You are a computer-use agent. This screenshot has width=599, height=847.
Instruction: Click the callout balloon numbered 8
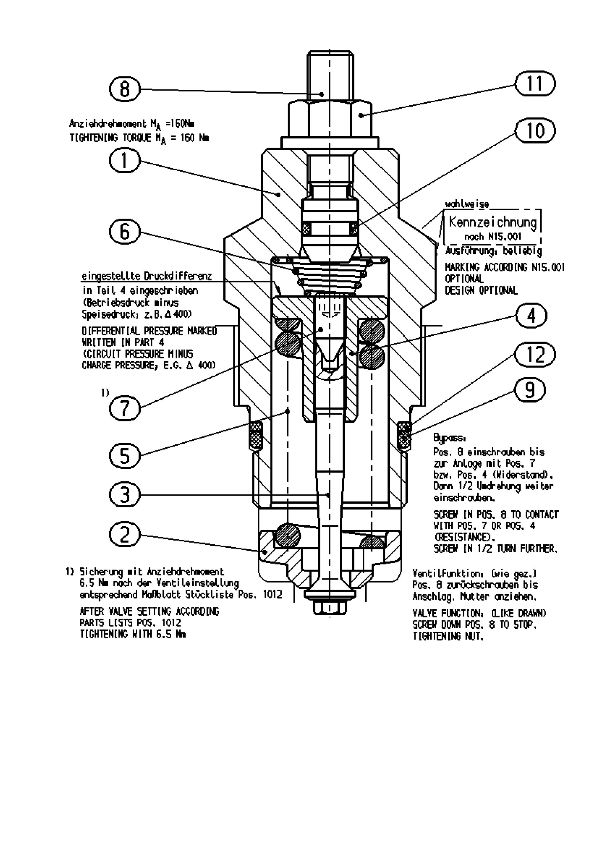[125, 89]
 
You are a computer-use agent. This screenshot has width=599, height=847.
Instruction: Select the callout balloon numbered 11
[534, 84]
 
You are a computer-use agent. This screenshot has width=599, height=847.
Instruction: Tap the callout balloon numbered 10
[534, 131]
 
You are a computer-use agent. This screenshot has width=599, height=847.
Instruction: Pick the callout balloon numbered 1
[125, 161]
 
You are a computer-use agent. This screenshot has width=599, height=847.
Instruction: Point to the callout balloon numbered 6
[125, 232]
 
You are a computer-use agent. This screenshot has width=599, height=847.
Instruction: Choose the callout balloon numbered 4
[531, 316]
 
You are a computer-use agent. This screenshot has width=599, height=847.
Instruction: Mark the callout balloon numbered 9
[529, 390]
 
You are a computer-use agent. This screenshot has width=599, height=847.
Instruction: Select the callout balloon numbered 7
[125, 408]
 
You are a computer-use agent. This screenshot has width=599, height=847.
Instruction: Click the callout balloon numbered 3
[125, 495]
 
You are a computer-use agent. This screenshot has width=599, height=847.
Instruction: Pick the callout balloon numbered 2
[125, 534]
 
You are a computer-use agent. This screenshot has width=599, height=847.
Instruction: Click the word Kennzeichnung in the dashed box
[492, 222]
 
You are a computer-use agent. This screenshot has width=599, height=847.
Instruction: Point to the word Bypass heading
[450, 438]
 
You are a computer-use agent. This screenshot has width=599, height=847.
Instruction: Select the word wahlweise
[467, 204]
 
